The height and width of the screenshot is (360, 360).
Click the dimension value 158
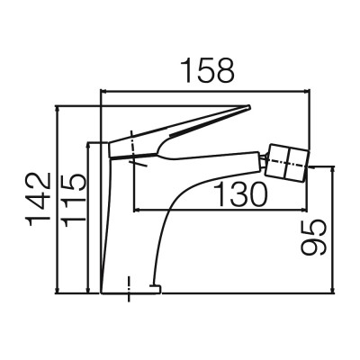[208, 70]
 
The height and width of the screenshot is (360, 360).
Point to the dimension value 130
[241, 194]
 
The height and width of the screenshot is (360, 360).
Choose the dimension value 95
[313, 238]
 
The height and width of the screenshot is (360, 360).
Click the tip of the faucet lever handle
[248, 106]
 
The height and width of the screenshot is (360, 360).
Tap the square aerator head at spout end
[287, 163]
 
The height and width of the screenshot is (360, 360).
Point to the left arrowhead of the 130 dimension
[138, 210]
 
